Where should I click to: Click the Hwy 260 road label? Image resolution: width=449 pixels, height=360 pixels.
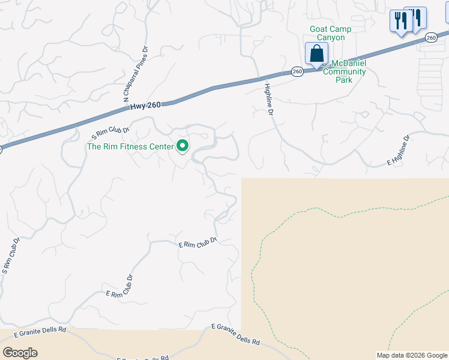[x=145, y=106]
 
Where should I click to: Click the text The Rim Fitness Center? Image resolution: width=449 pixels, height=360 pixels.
[x=130, y=146]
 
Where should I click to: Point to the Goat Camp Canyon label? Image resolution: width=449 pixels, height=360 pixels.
[x=330, y=33]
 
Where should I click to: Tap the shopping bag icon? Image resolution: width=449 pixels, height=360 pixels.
[x=316, y=53]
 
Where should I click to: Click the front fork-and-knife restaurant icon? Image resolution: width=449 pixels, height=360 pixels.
[x=400, y=22]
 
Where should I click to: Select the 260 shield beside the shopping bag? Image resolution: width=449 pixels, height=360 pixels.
[x=297, y=71]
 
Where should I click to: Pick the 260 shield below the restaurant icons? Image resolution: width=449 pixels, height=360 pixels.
[x=431, y=38]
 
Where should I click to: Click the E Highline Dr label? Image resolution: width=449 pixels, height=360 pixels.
[x=398, y=151]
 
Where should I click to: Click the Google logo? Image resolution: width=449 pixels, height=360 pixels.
[x=20, y=353]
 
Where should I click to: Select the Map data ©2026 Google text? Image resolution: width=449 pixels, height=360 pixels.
[x=412, y=355]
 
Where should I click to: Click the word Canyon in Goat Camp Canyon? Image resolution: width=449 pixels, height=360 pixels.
[x=331, y=37]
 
